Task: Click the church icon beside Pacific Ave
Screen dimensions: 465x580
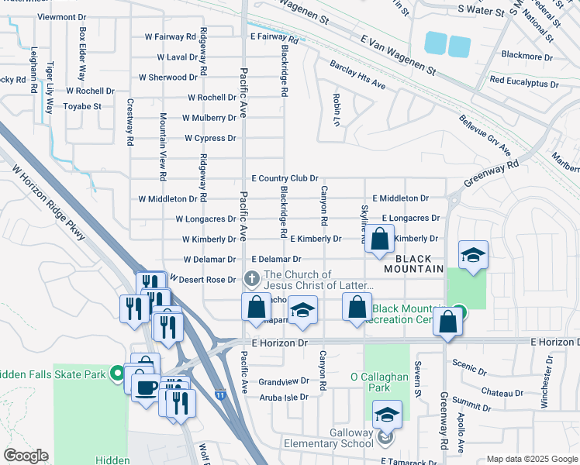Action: [251, 278]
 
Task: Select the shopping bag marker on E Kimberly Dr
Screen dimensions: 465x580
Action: [379, 240]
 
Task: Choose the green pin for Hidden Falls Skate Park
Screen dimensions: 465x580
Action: [117, 374]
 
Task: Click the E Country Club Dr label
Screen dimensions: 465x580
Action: [284, 178]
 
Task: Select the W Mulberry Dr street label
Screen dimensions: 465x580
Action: [209, 118]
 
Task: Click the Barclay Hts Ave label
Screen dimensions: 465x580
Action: [357, 74]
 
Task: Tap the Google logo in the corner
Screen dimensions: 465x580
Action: [26, 456]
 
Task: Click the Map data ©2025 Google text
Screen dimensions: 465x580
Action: [531, 459]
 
